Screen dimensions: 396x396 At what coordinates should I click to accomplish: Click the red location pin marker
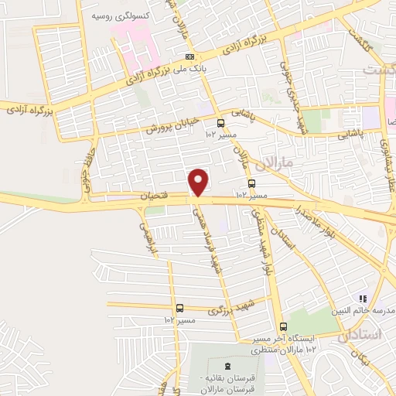coord(200,182)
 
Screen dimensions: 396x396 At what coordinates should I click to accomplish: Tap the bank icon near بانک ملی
coord(190,58)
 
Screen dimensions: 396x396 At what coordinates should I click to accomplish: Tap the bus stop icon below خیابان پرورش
coord(222,122)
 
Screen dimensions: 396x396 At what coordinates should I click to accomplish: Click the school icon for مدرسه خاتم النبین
coord(360,299)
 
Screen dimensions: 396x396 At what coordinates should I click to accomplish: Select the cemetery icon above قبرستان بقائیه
coord(227,366)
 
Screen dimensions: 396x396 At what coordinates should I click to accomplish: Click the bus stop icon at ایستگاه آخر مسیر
coord(283,326)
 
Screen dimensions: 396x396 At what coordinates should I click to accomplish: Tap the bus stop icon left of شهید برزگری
coord(179,308)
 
